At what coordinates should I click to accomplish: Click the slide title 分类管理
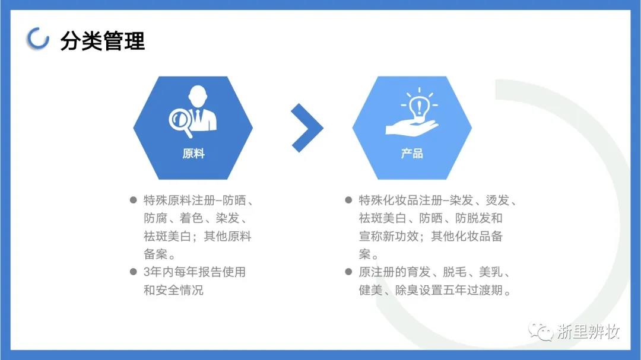coord(102,41)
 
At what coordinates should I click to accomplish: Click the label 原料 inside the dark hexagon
coord(193,154)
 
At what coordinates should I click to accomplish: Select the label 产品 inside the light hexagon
coord(412,154)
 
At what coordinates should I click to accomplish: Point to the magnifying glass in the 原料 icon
coord(180,120)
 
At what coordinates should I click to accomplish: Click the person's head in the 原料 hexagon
coord(198,95)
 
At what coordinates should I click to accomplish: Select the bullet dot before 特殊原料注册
coord(134,200)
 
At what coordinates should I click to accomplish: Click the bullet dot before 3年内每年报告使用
coord(134,272)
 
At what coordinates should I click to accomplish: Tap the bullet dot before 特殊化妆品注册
coord(349,200)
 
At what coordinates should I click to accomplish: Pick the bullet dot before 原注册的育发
coord(349,272)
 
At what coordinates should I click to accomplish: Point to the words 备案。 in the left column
coord(160,254)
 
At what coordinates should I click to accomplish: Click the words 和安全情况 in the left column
coord(173,290)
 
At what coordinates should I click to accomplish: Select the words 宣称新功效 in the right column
coord(389,236)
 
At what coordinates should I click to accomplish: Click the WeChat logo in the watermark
coord(541,331)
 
